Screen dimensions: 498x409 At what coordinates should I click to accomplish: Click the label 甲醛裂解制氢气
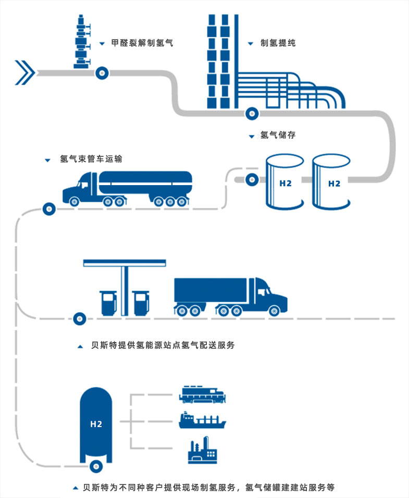[x=142, y=43]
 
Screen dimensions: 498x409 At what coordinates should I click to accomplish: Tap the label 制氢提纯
[x=278, y=43]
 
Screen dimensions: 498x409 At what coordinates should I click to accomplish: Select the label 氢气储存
[x=278, y=135]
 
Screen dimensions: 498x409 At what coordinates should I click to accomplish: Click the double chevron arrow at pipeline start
[x=24, y=72]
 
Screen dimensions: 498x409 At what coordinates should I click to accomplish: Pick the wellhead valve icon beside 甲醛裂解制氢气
[x=82, y=42]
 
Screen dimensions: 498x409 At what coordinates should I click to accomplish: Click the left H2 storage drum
[x=284, y=182]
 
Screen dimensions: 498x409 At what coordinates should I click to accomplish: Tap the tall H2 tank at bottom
[x=96, y=424]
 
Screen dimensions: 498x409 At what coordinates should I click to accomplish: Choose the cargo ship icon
[x=202, y=420]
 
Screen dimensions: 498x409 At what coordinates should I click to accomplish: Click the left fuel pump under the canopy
[x=108, y=302]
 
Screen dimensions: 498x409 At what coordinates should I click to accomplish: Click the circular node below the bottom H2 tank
[x=96, y=466]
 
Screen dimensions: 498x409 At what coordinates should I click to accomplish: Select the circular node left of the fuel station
[x=79, y=317]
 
